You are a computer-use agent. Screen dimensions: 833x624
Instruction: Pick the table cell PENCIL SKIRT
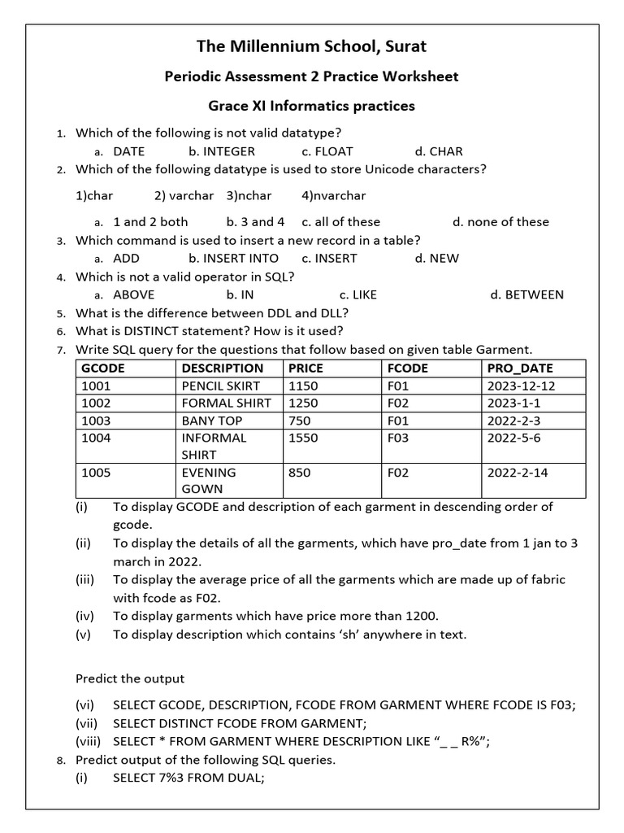(x=221, y=386)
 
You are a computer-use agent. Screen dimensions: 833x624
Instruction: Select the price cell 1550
(x=303, y=438)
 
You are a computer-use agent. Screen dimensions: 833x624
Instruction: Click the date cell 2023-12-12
(x=521, y=386)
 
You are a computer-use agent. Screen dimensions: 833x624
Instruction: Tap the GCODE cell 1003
(x=96, y=421)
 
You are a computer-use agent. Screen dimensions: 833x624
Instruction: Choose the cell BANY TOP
(x=212, y=421)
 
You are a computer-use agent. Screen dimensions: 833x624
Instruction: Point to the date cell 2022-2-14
(x=518, y=473)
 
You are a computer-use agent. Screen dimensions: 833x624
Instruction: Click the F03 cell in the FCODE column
(x=398, y=438)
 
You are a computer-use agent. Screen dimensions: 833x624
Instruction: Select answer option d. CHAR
(x=439, y=151)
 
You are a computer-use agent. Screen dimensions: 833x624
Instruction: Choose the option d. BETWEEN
(x=526, y=294)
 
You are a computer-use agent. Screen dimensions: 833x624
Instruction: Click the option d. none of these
(x=500, y=222)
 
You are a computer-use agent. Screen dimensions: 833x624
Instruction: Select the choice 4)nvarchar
(x=333, y=196)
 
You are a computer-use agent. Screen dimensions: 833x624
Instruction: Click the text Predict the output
(x=130, y=678)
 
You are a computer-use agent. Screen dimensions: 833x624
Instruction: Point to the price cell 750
(x=300, y=421)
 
